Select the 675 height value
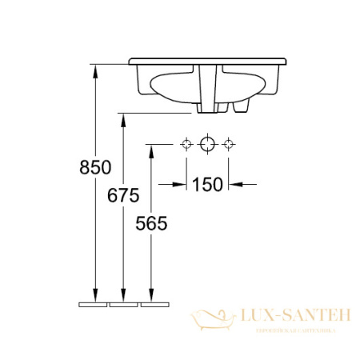123,195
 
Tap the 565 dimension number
151,225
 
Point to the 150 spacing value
206,185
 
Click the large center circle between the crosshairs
207,144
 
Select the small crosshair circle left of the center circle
186,144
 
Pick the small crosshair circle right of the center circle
229,144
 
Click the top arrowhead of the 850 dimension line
96,70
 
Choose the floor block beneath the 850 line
94,304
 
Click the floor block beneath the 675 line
123,304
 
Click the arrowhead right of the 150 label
234,185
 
